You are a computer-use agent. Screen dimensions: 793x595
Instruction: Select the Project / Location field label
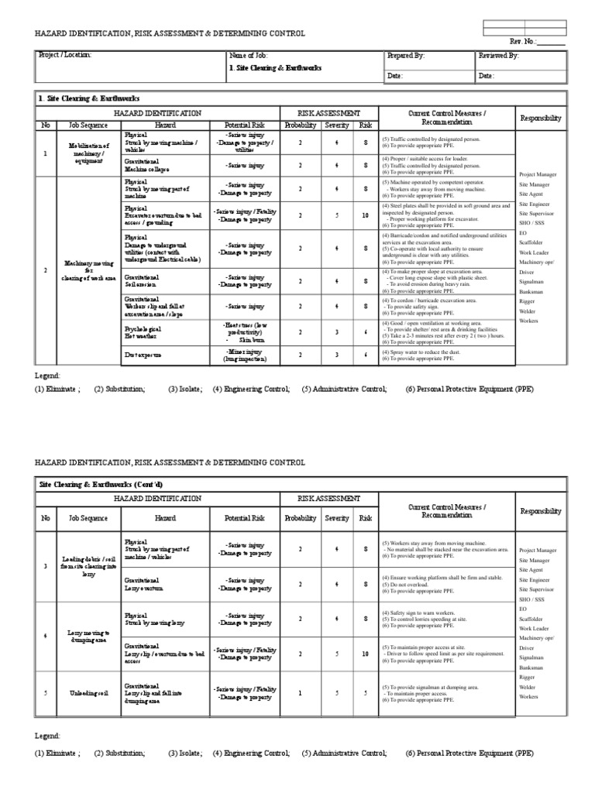65,56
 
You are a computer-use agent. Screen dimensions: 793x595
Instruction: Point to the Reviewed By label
498,56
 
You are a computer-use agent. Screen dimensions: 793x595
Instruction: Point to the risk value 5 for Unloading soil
366,692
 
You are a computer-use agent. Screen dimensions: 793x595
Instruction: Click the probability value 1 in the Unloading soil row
301,692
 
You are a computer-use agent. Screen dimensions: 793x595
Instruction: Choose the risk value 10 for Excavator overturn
366,215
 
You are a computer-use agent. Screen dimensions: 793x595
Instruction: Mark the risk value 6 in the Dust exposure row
366,355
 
